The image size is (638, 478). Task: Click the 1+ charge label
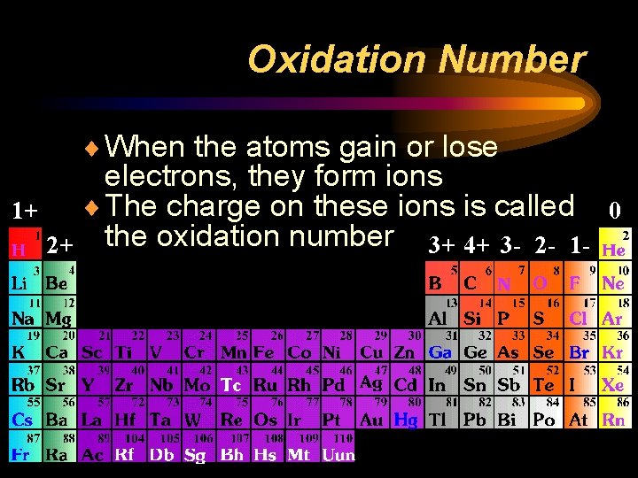click(24, 211)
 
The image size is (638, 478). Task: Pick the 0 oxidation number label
click(613, 211)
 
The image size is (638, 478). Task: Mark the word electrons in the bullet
click(167, 176)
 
